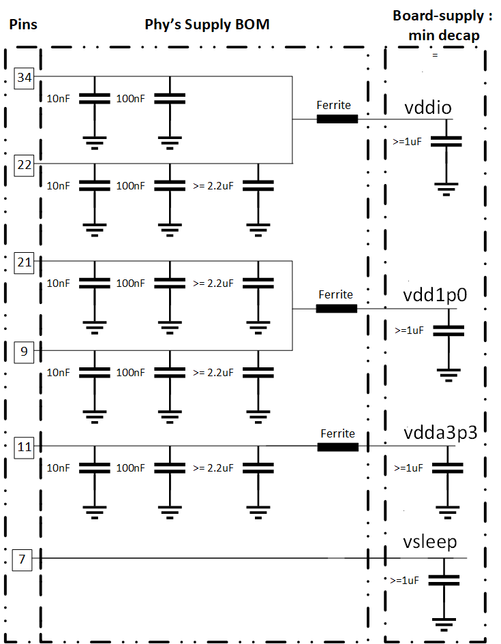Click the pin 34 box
click(25, 78)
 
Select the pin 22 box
click(25, 165)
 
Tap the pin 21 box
click(25, 262)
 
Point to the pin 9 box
click(25, 352)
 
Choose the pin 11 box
click(25, 447)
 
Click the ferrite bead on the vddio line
click(337, 119)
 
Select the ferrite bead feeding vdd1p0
click(336, 309)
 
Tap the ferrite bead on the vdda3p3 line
click(337, 447)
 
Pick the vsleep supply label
click(429, 543)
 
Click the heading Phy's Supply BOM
click(207, 25)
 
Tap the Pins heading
click(22, 25)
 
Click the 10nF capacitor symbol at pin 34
click(95, 99)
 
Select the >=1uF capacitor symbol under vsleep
click(444, 580)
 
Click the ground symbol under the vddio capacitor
click(446, 189)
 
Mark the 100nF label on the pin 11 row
click(131, 468)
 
